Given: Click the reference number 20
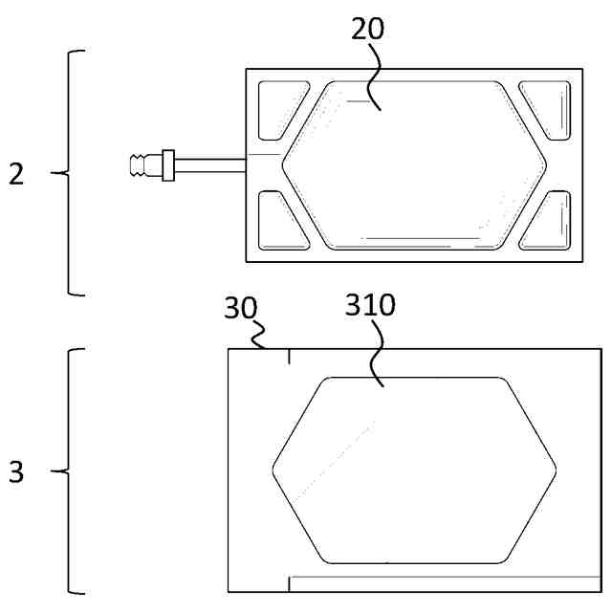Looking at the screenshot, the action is [367, 28].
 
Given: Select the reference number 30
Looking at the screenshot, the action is [239, 309].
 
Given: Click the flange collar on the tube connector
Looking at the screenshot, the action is [167, 164].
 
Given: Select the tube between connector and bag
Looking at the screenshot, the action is [210, 164].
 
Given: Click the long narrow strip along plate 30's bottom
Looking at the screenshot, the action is [445, 582].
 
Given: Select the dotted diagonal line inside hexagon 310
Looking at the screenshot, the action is [335, 459].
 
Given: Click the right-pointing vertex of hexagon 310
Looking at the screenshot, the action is [557, 470].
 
